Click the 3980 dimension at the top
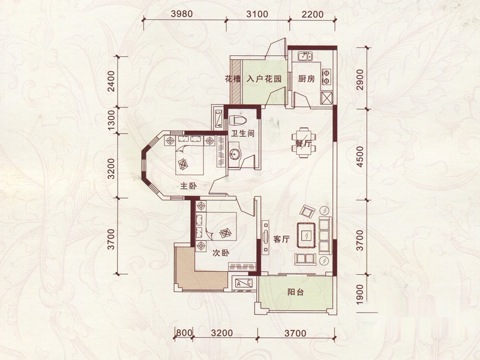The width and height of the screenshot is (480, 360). pos(182,14)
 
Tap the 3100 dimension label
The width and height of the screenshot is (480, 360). pos(257,14)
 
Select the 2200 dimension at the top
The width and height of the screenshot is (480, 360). pos(313,14)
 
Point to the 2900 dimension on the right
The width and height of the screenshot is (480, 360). pos(361,80)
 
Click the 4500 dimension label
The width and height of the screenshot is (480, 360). pos(361,157)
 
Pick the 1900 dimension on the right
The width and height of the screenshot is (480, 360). pos(361,294)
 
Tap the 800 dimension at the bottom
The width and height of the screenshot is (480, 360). pos(184,332)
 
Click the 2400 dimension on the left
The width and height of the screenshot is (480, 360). pos(112,82)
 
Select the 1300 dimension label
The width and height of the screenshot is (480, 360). pos(112,121)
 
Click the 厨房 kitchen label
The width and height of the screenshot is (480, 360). pos(307,79)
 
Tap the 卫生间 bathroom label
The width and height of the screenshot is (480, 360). pos(243,133)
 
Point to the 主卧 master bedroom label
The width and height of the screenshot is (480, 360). pos(188,185)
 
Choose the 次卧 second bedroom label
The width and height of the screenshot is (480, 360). pos(221,253)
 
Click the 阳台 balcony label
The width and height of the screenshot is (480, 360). pos(296,292)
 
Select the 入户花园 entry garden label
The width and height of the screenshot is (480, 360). pos(264,79)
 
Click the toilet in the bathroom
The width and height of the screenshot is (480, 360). pos(237,120)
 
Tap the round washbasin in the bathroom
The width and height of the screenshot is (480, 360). pos(235,154)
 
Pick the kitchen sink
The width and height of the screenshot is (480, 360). pos(305,56)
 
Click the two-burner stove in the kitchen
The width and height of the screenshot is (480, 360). pos(326,77)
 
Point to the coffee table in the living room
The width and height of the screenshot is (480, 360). pos(306,235)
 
